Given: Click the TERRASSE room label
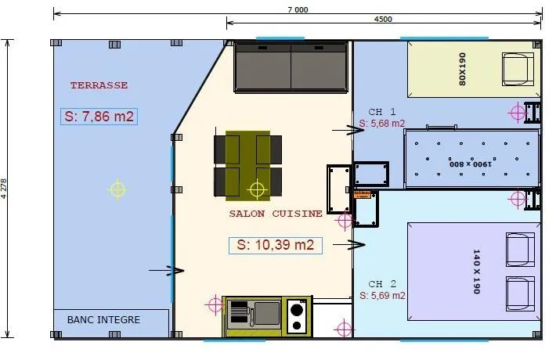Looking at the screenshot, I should click(x=99, y=85).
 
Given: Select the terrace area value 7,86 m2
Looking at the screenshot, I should click(x=99, y=117).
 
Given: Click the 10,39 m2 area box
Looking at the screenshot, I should click(x=276, y=245).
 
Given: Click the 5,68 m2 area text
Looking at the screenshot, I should click(x=382, y=124).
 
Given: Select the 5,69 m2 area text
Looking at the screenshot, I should click(x=382, y=296).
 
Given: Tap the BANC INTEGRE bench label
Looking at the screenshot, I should click(x=103, y=319).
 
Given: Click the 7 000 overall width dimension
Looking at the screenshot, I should click(x=298, y=9).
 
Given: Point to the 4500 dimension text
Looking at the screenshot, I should click(x=383, y=20).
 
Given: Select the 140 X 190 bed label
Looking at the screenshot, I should click(x=475, y=272).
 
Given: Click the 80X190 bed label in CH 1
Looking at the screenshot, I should click(x=461, y=70).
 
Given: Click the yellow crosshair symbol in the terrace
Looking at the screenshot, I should click(x=117, y=189).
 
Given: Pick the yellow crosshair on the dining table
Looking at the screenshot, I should click(x=257, y=189).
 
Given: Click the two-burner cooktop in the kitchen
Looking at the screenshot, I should click(x=297, y=316).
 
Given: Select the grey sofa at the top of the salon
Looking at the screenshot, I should click(x=291, y=67).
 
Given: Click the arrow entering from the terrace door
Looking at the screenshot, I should click(x=167, y=271).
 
